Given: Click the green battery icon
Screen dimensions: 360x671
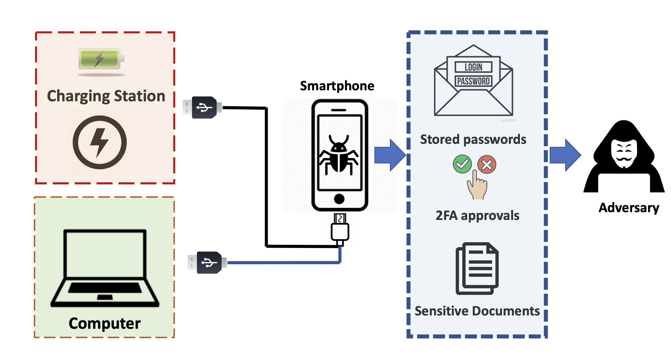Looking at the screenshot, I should tap(100, 59).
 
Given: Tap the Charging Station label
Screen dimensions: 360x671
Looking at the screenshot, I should tap(106, 96).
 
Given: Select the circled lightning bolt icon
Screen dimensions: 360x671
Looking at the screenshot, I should tap(100, 142).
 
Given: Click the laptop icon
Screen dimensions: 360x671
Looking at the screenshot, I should tap(105, 268).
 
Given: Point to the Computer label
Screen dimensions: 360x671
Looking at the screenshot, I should tap(104, 323).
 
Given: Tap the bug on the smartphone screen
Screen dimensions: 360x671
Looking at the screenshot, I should tap(339, 155).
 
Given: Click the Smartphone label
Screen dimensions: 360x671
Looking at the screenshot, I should tap(337, 86).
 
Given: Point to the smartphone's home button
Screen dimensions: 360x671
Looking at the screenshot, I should tap(339, 199).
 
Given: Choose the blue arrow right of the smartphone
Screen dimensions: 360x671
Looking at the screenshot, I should tap(389, 155).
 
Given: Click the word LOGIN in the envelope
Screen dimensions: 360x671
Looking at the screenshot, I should tap(473, 67).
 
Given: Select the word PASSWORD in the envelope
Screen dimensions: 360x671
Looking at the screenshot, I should tap(473, 81).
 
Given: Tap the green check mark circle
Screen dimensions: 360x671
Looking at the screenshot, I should tap(462, 164).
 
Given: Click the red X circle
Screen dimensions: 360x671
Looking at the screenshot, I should tap(487, 165).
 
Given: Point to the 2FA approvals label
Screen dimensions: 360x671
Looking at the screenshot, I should tap(477, 216).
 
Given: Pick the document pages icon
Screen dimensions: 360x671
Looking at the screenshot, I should tap(477, 268).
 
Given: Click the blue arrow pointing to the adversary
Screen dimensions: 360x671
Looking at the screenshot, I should tap(565, 155).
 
